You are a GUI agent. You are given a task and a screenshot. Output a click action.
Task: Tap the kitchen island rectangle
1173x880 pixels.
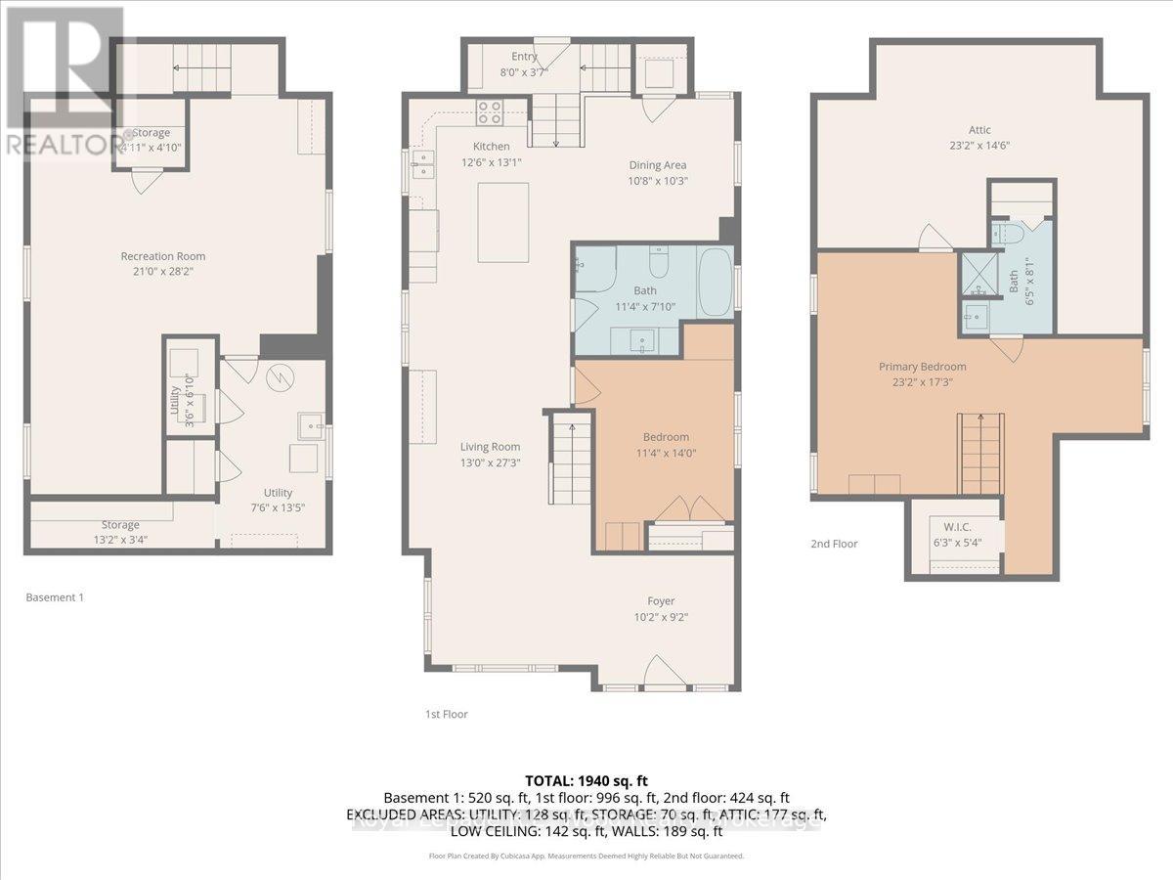coord(502,222)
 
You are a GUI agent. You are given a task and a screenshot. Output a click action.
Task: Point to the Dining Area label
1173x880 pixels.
coord(657,165)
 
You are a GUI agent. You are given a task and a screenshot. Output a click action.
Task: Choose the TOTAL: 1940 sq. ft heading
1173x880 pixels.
coord(586,780)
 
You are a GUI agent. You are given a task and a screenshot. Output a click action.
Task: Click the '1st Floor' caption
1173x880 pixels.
coord(447,714)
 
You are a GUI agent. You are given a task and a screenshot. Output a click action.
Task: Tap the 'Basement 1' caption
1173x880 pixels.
coord(54,596)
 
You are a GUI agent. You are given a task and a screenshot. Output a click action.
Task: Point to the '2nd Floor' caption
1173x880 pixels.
coord(834,544)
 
